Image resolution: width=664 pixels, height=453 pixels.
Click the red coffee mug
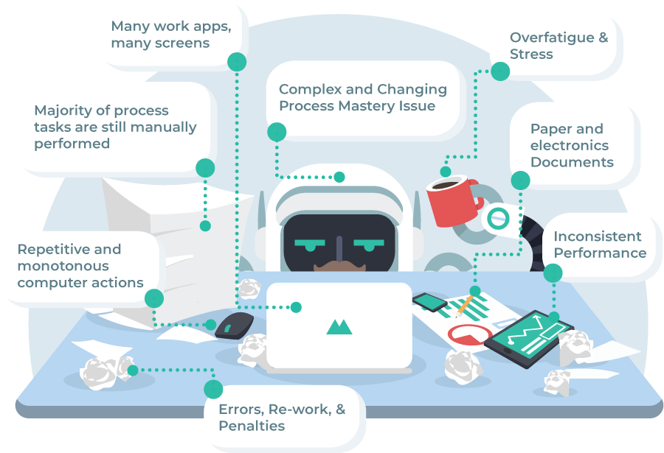tap(450, 201)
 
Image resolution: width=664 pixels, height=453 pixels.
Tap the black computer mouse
tap(235, 325)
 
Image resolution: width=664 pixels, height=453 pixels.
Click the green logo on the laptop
tap(339, 326)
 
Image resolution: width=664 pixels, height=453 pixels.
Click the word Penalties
tap(252, 426)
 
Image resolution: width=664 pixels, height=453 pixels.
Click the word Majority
tap(64, 110)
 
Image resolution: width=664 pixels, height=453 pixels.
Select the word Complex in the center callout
tap(311, 89)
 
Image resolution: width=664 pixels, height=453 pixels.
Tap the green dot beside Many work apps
tap(236, 62)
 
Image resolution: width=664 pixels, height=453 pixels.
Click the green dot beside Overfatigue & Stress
tap(500, 71)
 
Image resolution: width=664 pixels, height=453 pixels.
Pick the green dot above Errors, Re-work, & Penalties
tap(213, 389)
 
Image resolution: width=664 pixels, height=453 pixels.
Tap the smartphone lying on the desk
tap(429, 301)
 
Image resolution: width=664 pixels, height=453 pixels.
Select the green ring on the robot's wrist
tap(499, 217)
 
